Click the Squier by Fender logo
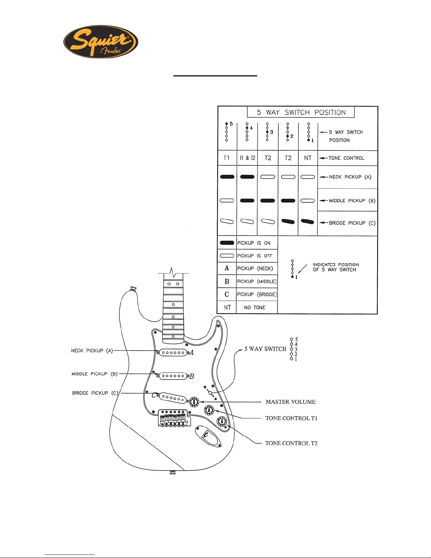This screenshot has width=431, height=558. [x=101, y=42]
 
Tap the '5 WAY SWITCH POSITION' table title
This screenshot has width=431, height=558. [x=301, y=112]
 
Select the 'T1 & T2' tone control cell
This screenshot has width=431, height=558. [x=247, y=158]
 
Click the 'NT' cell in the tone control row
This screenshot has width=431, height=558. [x=308, y=158]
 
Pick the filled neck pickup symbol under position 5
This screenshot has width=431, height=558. [x=227, y=177]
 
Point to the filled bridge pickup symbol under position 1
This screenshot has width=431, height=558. [x=308, y=222]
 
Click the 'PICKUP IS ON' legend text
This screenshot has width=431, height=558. [x=254, y=243]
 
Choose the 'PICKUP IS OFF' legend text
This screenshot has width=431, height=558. [x=255, y=256]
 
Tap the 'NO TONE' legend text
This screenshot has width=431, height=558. [x=255, y=308]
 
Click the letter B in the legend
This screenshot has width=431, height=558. [x=227, y=282]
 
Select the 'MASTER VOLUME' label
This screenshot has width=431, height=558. [x=291, y=402]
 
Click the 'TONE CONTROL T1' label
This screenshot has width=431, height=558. [x=291, y=418]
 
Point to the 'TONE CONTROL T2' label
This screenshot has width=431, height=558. [x=291, y=443]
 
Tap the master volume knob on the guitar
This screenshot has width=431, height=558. [x=194, y=402]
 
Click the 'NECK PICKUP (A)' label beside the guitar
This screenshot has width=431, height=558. [x=92, y=351]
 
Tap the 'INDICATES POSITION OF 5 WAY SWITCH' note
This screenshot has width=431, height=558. [x=336, y=267]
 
